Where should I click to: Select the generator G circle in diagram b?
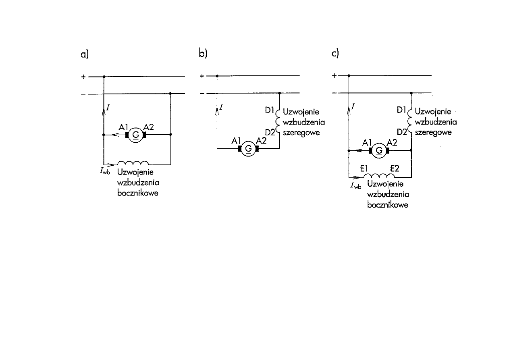coord(249,149)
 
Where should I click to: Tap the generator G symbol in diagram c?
coord(379,151)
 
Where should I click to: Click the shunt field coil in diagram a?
coord(133,163)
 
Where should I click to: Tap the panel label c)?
coord(335,54)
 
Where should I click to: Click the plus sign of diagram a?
coord(83,76)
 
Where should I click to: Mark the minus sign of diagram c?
coord(334,94)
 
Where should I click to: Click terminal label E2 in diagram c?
coord(395,169)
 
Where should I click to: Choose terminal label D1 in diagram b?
coord(270,110)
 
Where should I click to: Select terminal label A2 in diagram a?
coord(148,127)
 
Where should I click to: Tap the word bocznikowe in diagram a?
coord(138,193)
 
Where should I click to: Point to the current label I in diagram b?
coord(222,107)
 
